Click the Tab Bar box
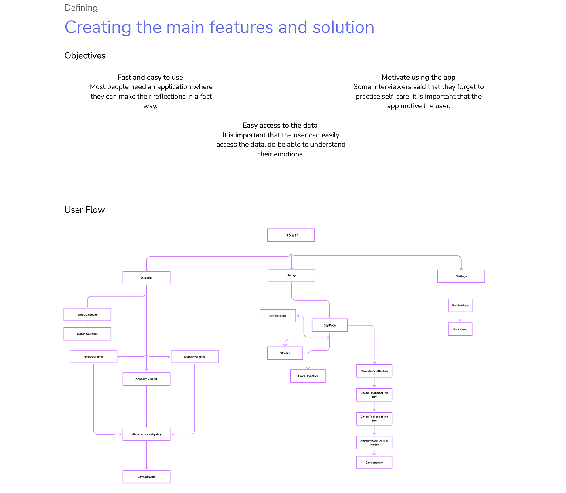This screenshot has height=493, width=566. pos(291,235)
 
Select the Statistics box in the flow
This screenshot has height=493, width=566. pos(146,278)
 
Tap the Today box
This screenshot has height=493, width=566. pos(291,276)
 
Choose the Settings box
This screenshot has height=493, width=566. pos(461,276)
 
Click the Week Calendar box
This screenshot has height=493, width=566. pos(87,315)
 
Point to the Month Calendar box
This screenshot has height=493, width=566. pos(87,334)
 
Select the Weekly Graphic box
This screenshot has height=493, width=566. pos(93,357)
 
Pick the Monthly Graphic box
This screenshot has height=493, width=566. pos(194,357)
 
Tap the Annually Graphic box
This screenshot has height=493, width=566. pos(146,379)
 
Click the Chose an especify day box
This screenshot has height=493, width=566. pos(146,434)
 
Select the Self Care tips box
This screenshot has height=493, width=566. pos(278,316)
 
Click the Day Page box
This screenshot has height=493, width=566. pos(329,325)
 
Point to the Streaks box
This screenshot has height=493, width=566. pos(285,353)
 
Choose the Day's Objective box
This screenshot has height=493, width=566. pos(308,376)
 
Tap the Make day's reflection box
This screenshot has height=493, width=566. pos(374,371)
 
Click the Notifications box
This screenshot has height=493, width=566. pos(460,305)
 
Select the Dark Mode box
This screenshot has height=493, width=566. pos(460,329)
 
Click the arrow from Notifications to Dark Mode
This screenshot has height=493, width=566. pos(460,318)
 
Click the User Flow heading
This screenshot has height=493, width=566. pos(84,210)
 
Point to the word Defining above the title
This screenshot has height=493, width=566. pos(81,8)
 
